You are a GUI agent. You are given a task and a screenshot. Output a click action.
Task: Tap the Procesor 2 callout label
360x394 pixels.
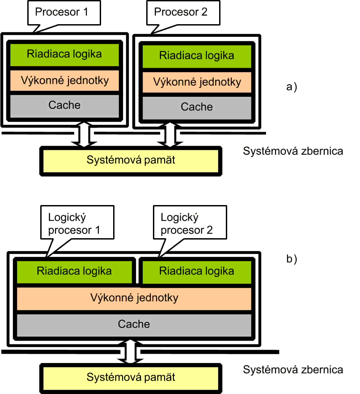point(181,12)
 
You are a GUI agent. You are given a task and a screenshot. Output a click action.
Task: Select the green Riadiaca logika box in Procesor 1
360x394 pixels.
point(64,54)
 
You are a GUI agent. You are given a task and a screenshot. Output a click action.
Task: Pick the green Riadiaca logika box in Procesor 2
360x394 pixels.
point(197,56)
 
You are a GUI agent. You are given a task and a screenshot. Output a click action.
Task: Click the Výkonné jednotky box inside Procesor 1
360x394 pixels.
point(64,81)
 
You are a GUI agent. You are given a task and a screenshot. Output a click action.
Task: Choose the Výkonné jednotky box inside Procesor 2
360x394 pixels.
point(197,82)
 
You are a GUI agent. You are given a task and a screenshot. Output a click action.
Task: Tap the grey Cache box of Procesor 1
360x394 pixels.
point(64,105)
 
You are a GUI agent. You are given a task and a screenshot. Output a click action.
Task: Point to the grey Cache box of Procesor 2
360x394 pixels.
point(197,107)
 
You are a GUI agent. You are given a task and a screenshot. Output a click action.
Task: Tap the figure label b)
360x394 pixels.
point(291,259)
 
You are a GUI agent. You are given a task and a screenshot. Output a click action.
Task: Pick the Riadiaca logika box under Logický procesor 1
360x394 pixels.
point(75,271)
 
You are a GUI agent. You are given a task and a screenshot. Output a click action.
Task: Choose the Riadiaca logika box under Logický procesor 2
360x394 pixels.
point(197,271)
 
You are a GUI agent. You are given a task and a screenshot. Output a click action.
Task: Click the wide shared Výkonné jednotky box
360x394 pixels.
point(134,298)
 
